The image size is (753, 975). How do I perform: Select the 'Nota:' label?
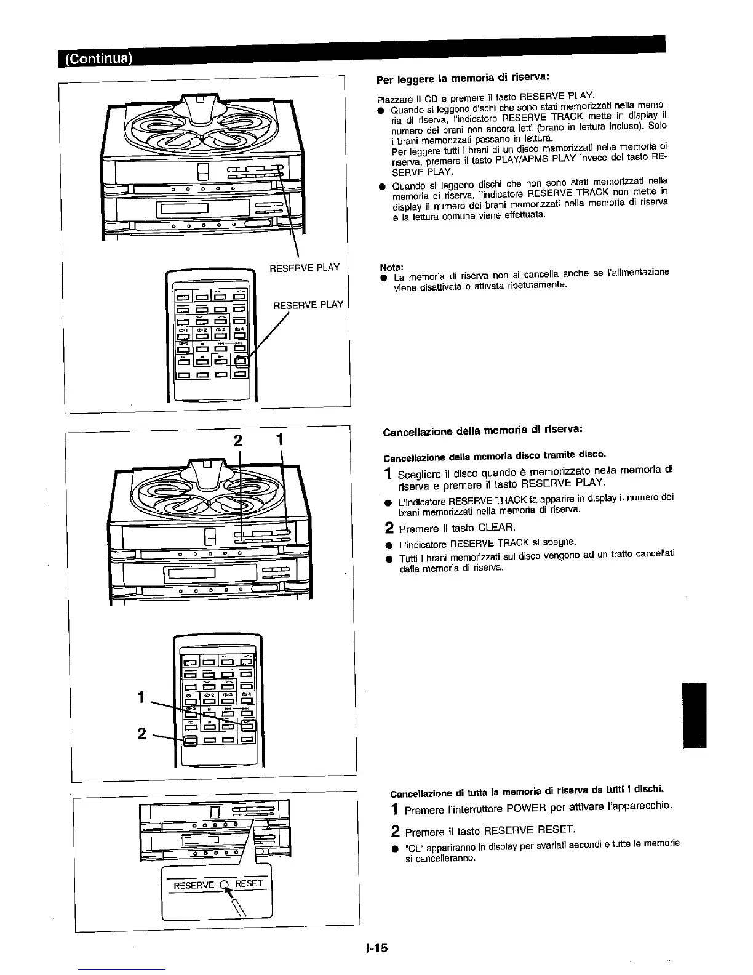point(391,267)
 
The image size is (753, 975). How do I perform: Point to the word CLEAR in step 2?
point(496,528)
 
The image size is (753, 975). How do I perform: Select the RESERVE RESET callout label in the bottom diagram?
point(218,885)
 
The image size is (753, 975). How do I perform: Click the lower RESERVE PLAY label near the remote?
point(308,305)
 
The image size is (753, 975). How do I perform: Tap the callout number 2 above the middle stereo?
point(239,441)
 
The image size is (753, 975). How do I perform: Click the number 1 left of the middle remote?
point(141,697)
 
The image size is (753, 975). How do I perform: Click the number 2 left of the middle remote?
point(141,734)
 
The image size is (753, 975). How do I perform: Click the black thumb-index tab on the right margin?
point(695,715)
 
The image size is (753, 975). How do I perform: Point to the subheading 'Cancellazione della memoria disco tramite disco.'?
point(495,455)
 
